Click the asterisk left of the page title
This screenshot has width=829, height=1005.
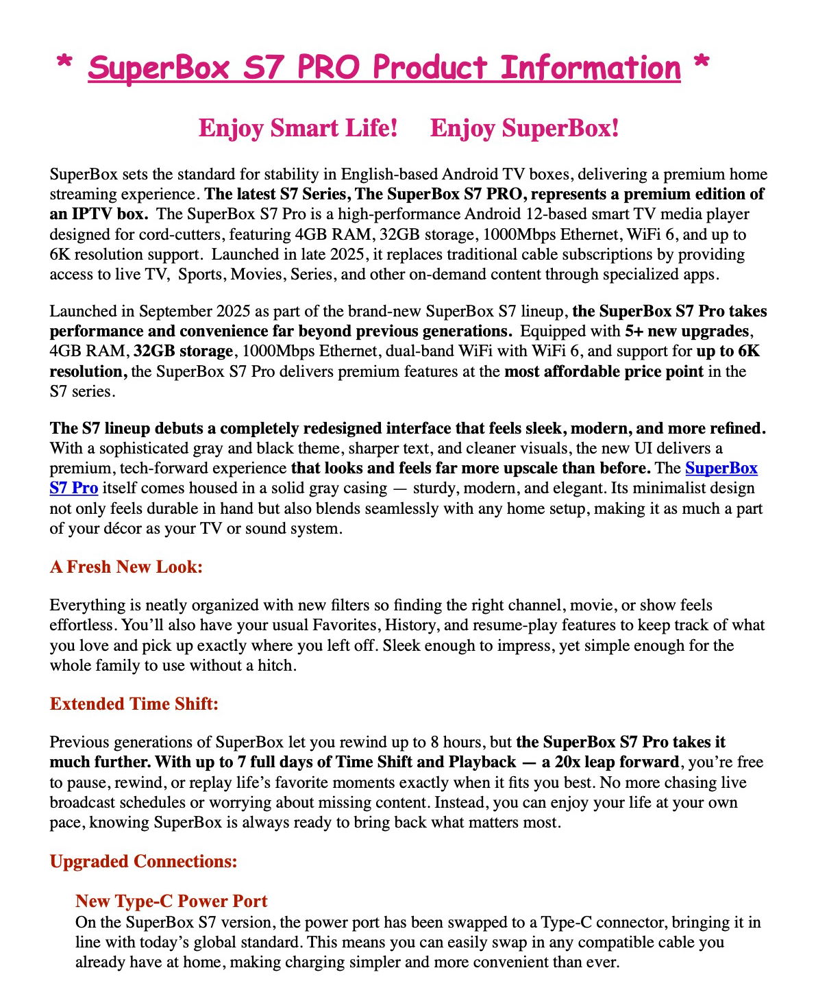point(65,64)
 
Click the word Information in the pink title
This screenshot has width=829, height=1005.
point(590,68)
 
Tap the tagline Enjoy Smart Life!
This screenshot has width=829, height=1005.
point(298,128)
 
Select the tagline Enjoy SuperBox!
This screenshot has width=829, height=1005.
point(524,128)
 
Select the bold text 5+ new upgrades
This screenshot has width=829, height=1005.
point(688,331)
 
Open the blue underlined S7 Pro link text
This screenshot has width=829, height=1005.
point(74,488)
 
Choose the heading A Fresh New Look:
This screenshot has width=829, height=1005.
point(126,567)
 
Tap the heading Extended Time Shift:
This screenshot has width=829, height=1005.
point(134,704)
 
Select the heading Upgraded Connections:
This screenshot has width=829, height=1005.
point(143,861)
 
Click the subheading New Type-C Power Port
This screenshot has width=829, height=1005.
point(171,901)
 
